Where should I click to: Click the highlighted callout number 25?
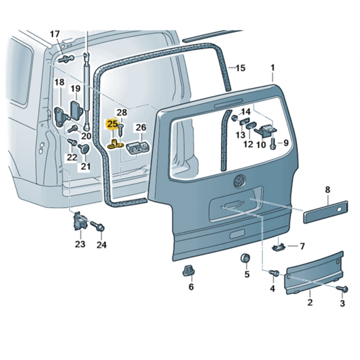(112, 124)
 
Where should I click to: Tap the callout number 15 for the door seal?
(240, 68)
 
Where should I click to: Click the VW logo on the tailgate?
(239, 179)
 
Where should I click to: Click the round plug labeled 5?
(245, 259)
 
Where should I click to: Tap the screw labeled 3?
(343, 290)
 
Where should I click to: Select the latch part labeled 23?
(79, 222)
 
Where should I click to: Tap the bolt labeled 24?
(100, 228)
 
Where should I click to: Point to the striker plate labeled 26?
(139, 146)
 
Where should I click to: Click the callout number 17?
(55, 34)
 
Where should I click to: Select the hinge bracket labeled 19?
(77, 110)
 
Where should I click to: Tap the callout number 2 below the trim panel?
(310, 302)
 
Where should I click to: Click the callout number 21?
(85, 166)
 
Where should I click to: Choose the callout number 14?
(246, 112)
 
